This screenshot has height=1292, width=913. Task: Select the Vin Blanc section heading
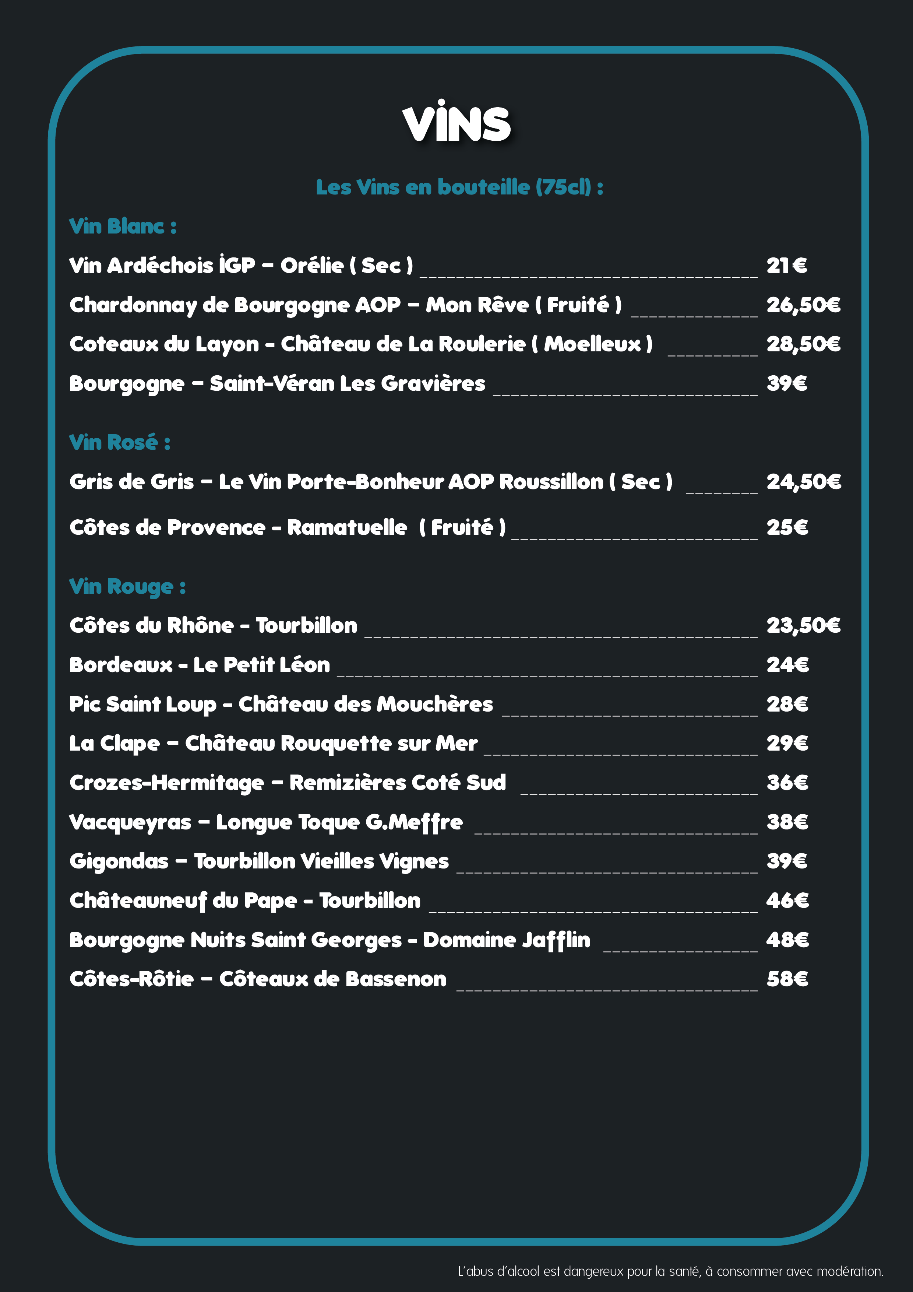click(123, 226)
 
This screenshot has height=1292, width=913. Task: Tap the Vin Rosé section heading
click(119, 442)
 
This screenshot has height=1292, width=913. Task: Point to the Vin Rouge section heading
click(127, 586)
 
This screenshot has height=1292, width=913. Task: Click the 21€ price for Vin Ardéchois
click(786, 266)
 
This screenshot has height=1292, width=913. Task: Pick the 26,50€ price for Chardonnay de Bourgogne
click(803, 305)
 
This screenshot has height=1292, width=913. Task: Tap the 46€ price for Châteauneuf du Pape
click(787, 900)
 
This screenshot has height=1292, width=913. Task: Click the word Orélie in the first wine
click(312, 266)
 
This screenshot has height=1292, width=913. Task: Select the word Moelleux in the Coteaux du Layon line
click(592, 344)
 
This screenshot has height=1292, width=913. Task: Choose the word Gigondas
click(119, 861)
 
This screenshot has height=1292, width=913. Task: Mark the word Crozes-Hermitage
click(166, 783)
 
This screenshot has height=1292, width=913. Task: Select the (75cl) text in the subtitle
click(563, 187)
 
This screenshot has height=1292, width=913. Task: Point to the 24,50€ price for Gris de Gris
click(803, 482)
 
